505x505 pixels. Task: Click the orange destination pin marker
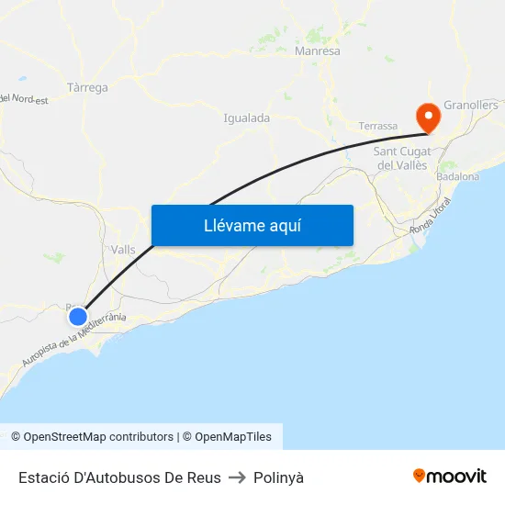coord(427,116)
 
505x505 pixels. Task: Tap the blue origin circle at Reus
coord(78,317)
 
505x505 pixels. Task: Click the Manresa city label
coord(318,51)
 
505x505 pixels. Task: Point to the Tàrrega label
coord(87,88)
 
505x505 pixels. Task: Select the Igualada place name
coord(247,118)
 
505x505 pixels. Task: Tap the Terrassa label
coord(378,126)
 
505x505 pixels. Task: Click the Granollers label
coord(470,106)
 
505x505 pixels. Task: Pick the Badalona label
coord(458,176)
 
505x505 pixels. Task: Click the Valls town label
coord(122,250)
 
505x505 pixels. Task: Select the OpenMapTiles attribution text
coord(227,437)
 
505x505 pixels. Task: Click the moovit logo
coord(449,477)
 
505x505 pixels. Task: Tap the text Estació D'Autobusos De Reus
coord(119,477)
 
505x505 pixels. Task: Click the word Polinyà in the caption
coord(278,477)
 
